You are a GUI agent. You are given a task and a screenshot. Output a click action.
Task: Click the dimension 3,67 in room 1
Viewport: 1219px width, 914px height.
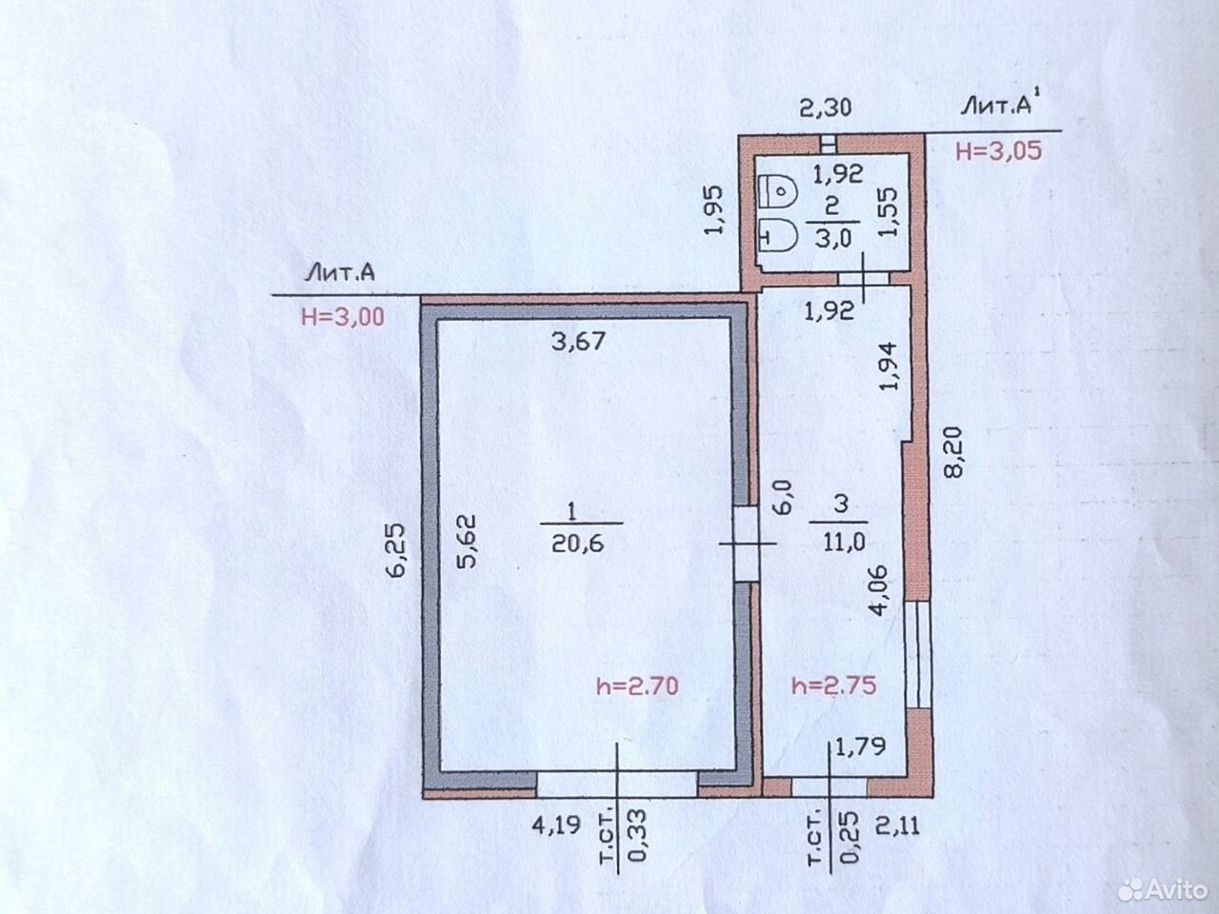(x=578, y=341)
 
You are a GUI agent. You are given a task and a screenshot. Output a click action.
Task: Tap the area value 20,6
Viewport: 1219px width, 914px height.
(x=577, y=545)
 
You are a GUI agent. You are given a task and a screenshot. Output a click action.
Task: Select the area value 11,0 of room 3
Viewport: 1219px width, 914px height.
(x=844, y=542)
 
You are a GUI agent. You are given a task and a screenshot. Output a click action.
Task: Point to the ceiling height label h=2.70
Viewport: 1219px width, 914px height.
(x=637, y=686)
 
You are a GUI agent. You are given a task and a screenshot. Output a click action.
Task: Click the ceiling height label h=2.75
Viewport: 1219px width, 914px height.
(x=834, y=685)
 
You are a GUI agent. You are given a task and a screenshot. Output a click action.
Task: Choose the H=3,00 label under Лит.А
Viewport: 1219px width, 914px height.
(x=343, y=317)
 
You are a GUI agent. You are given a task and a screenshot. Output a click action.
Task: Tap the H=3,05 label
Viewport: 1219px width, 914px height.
(x=998, y=151)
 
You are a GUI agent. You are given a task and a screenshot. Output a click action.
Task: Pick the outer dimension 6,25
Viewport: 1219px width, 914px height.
(x=399, y=551)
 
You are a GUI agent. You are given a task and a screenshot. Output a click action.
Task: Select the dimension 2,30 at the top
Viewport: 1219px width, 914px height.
(x=826, y=108)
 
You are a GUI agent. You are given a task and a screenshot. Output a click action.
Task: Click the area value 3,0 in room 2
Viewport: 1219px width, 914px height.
(x=833, y=239)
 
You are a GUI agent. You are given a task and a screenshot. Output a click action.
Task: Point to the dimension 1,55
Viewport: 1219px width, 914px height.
(x=889, y=211)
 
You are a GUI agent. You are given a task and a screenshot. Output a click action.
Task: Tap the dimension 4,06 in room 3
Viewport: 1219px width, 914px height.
(x=883, y=591)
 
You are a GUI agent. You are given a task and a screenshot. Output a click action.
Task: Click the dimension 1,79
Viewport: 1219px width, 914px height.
(x=860, y=747)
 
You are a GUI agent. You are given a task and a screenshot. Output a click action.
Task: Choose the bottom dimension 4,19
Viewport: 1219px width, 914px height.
(x=557, y=825)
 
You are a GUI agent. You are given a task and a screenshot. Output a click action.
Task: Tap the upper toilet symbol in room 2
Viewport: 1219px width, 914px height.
(x=777, y=189)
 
